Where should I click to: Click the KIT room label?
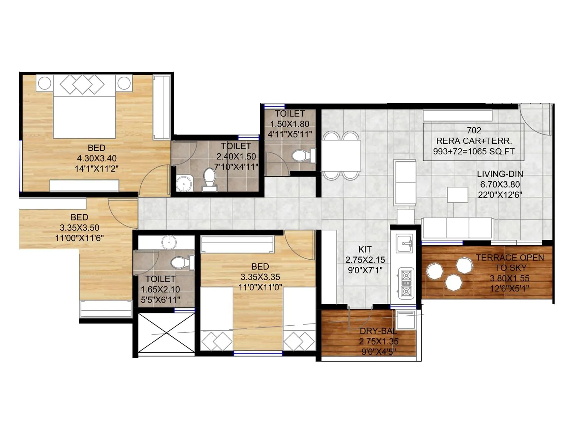click(x=365, y=249)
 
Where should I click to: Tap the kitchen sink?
click(x=405, y=243)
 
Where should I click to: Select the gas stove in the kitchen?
click(x=406, y=284)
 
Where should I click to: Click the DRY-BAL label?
click(x=378, y=331)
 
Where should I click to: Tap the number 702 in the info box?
click(x=474, y=131)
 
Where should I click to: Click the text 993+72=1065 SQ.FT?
click(x=474, y=151)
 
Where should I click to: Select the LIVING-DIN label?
click(x=500, y=174)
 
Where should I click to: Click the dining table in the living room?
click(x=341, y=155)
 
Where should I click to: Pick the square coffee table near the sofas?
click(x=458, y=195)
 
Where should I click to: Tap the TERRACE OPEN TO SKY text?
click(x=510, y=263)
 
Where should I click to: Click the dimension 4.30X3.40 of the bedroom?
click(x=97, y=158)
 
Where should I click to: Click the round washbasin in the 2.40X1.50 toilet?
click(x=184, y=184)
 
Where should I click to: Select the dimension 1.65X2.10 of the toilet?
click(x=160, y=290)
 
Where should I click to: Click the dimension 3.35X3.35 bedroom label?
click(x=260, y=277)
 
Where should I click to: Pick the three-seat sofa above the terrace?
click(x=458, y=228)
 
